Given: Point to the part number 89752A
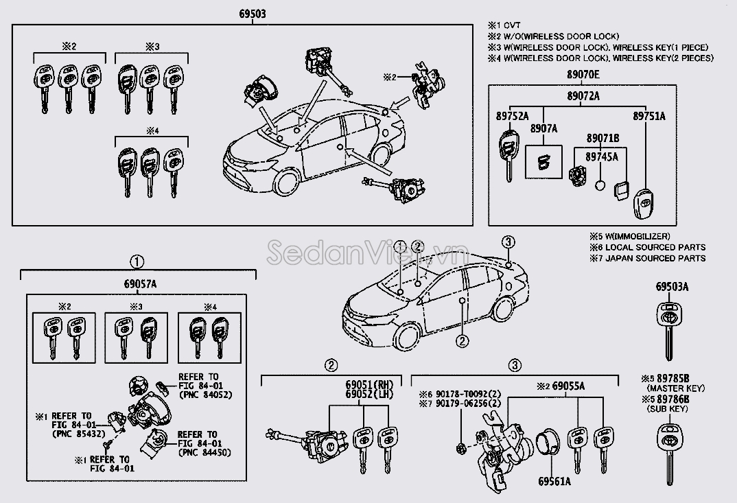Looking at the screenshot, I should (513, 116).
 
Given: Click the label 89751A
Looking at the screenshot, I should (648, 116).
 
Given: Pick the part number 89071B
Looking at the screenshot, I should (602, 139).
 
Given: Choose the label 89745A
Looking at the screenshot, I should (602, 156).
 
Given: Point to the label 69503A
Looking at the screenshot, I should (672, 287).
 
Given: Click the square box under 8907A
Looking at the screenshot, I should (543, 163).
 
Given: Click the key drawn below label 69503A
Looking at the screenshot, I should (668, 326).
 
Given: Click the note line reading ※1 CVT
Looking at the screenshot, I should (504, 25).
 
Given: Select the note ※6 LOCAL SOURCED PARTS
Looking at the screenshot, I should (647, 247).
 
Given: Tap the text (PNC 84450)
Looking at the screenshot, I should (204, 452).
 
